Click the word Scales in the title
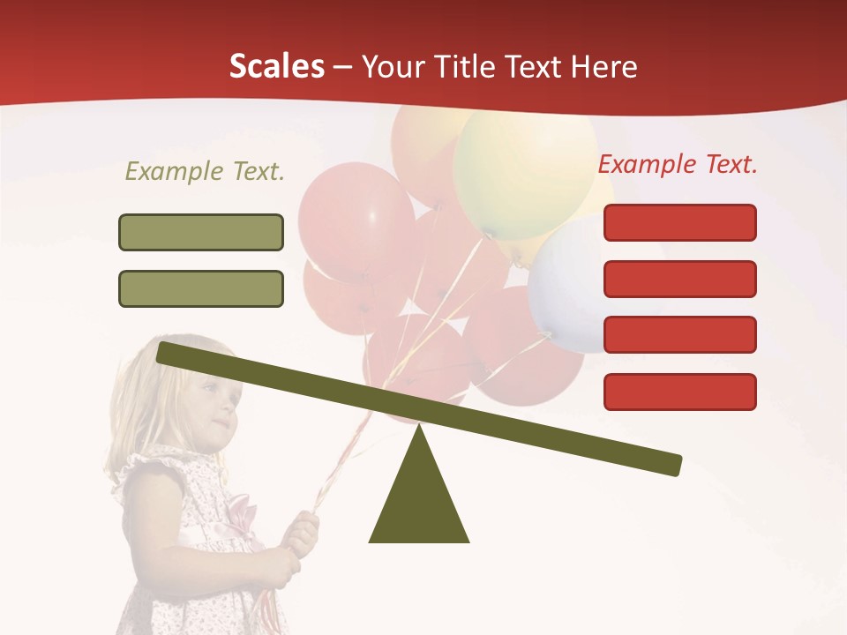(276, 67)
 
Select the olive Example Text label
(205, 172)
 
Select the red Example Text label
(678, 164)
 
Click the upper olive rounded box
(201, 232)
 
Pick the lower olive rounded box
(201, 288)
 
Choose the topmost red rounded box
(679, 222)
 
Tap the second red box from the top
(679, 279)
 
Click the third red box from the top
(679, 335)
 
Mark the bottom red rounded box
(679, 392)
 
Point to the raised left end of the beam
(168, 353)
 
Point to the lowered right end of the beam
(671, 464)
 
